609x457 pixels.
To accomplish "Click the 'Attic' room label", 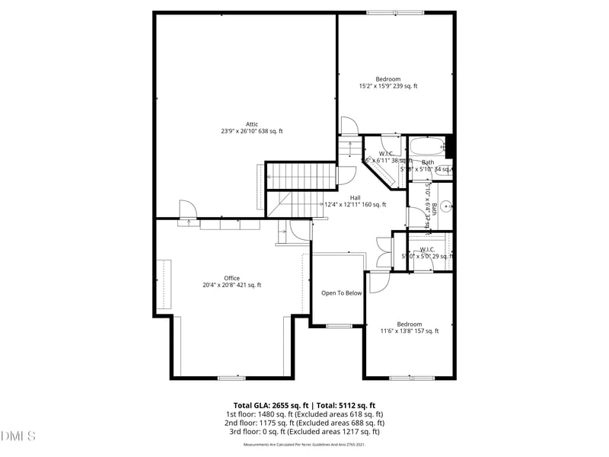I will click(x=251, y=124).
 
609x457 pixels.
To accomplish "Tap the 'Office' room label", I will click(x=231, y=278).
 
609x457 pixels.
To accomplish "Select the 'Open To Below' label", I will click(x=341, y=293).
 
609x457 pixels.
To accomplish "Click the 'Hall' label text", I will click(x=355, y=197).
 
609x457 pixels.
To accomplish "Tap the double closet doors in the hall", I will click(x=384, y=252).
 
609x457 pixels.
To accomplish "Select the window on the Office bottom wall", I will click(x=231, y=378).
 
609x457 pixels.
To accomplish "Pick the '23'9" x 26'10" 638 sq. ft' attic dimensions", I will click(x=251, y=132).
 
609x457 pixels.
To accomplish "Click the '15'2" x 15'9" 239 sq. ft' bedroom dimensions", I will click(x=388, y=86).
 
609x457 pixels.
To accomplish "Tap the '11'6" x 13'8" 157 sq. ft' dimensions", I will click(x=410, y=331).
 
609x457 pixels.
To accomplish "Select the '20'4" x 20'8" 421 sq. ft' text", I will click(x=231, y=286).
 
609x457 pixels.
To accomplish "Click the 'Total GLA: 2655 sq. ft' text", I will click(x=271, y=405).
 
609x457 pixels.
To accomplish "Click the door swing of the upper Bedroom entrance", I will click(x=348, y=126).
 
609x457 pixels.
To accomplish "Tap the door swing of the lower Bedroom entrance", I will click(x=378, y=282).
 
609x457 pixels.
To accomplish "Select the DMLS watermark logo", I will click(x=18, y=436).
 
